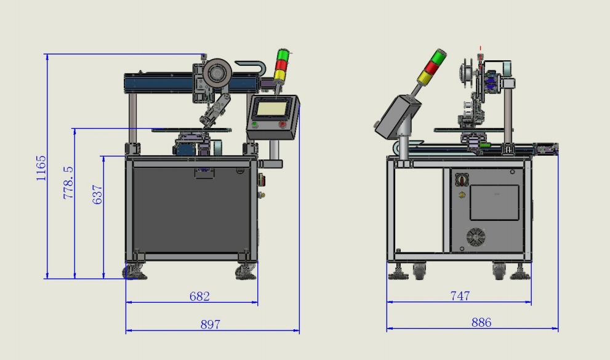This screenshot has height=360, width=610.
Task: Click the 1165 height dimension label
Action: [41, 168]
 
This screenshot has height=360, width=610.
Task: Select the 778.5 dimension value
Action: [68, 183]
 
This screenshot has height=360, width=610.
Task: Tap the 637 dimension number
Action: [97, 194]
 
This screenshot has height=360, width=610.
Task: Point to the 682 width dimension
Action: [199, 297]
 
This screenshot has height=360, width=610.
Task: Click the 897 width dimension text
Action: [211, 324]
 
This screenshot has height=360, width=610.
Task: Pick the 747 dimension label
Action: [460, 296]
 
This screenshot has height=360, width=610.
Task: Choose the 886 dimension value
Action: [481, 322]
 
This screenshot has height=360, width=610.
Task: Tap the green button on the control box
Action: [254, 125]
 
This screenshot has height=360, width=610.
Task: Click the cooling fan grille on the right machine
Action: [476, 237]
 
